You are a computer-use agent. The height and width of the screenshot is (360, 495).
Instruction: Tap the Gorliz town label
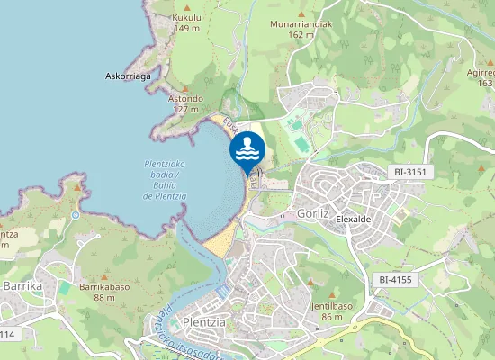[x=312, y=214]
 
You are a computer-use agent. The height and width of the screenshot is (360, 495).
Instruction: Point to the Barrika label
[x=23, y=285]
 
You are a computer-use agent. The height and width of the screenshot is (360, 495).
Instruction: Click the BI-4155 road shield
[x=395, y=280]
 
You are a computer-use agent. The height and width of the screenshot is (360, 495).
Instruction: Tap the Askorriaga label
[x=128, y=76]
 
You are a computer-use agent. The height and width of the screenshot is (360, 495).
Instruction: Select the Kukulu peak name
[x=186, y=17]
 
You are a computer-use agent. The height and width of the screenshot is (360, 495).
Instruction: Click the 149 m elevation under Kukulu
[x=186, y=28]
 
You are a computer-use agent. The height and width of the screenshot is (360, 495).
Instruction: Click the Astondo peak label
[x=185, y=98]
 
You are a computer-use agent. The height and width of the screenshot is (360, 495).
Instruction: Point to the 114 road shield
[x=7, y=334]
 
